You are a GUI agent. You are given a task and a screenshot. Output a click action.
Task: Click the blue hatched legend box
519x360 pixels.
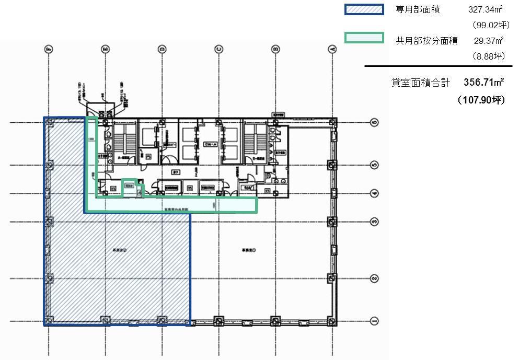click(364, 10)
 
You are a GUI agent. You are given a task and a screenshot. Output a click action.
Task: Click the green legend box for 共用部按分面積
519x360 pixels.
click(364, 38)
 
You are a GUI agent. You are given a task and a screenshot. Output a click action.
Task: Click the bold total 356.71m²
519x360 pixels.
click(484, 83)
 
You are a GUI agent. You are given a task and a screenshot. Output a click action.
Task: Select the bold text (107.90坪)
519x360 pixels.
click(480, 100)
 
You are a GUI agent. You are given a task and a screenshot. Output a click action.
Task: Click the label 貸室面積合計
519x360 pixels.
click(421, 83)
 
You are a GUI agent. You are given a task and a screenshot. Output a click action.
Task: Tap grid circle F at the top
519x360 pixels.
click(49, 49)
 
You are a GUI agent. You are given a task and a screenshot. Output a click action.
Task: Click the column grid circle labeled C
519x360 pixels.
click(218, 49)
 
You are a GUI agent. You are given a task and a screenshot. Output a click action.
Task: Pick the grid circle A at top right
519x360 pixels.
click(331, 49)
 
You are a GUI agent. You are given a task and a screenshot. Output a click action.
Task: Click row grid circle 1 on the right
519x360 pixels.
click(374, 320)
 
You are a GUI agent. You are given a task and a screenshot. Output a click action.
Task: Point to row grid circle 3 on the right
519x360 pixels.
click(374, 222)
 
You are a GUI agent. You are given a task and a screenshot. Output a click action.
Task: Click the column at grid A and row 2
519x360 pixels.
click(331, 278)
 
